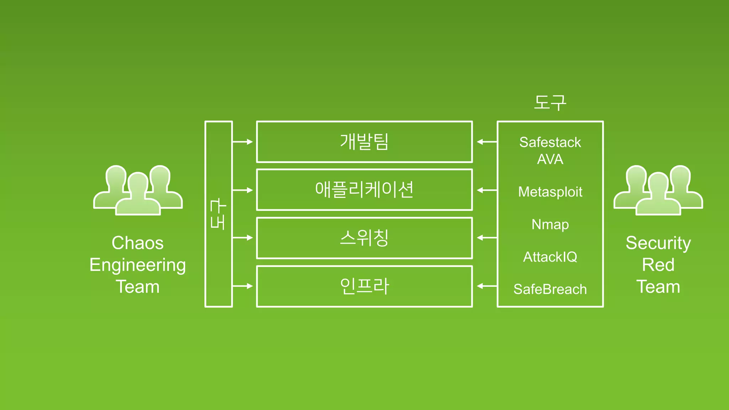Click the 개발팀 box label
[364, 142]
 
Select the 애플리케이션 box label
[364, 189]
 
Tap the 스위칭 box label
[364, 238]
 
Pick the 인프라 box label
[364, 286]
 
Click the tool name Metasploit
[550, 192]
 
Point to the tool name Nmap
[550, 225]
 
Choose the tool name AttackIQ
[550, 257]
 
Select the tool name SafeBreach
[550, 289]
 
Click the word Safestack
[550, 142]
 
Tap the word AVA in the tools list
[550, 159]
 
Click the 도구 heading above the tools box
[550, 102]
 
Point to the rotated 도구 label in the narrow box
[218, 214]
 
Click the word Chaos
[137, 243]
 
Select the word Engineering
[137, 266]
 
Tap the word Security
[658, 243]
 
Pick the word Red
[658, 265]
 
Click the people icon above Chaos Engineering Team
[138, 190]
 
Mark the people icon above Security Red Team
[658, 190]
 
